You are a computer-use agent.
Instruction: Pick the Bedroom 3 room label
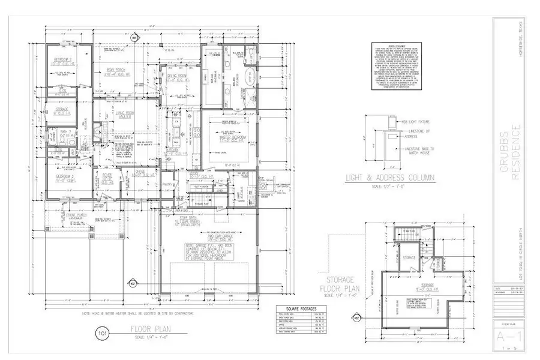pyautogui.click(x=64, y=178)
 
